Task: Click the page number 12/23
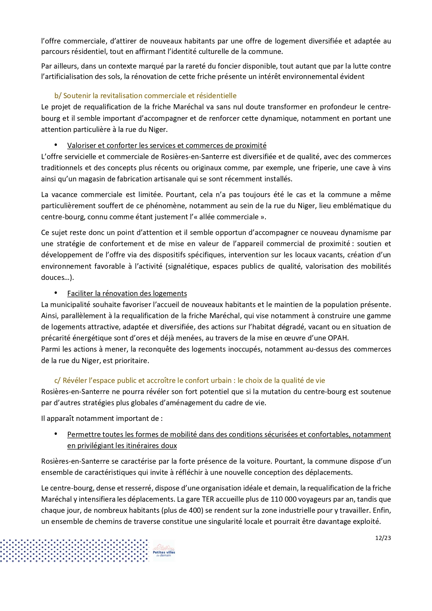(383, 538)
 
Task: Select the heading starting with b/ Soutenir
(145, 96)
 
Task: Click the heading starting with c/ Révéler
(190, 381)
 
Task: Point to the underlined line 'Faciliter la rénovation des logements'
(127, 293)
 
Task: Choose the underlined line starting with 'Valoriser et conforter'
(167, 146)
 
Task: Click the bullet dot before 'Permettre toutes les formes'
(55, 434)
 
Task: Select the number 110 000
(284, 499)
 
